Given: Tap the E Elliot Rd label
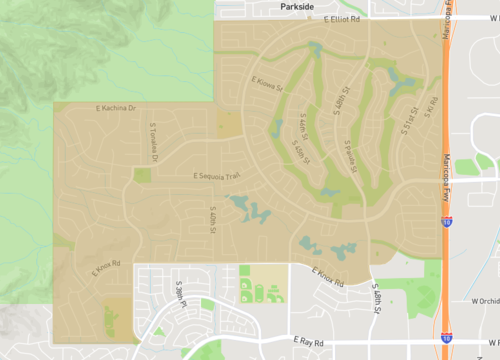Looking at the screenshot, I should point(335,18).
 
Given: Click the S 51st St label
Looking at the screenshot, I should point(409,118).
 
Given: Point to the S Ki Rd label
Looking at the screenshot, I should point(432,106).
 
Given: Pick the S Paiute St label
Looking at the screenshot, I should point(350,156).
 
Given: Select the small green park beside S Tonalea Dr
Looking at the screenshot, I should point(142,175).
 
